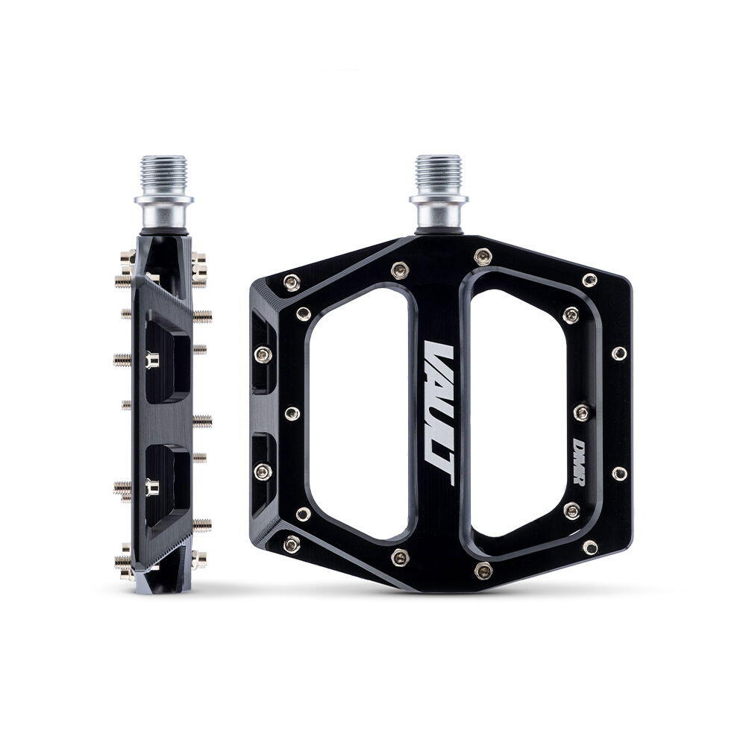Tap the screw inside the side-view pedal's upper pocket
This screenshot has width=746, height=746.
(x=152, y=361)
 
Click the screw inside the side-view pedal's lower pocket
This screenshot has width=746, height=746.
(x=152, y=488)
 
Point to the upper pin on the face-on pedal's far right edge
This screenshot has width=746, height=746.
(x=618, y=353)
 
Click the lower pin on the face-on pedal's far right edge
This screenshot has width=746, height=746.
(x=618, y=473)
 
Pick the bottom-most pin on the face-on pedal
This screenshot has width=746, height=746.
(x=483, y=571)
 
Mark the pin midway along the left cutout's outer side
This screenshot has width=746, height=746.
(x=292, y=413)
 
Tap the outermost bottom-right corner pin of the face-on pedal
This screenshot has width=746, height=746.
(x=590, y=547)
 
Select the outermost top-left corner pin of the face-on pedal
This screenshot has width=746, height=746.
(x=292, y=282)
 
